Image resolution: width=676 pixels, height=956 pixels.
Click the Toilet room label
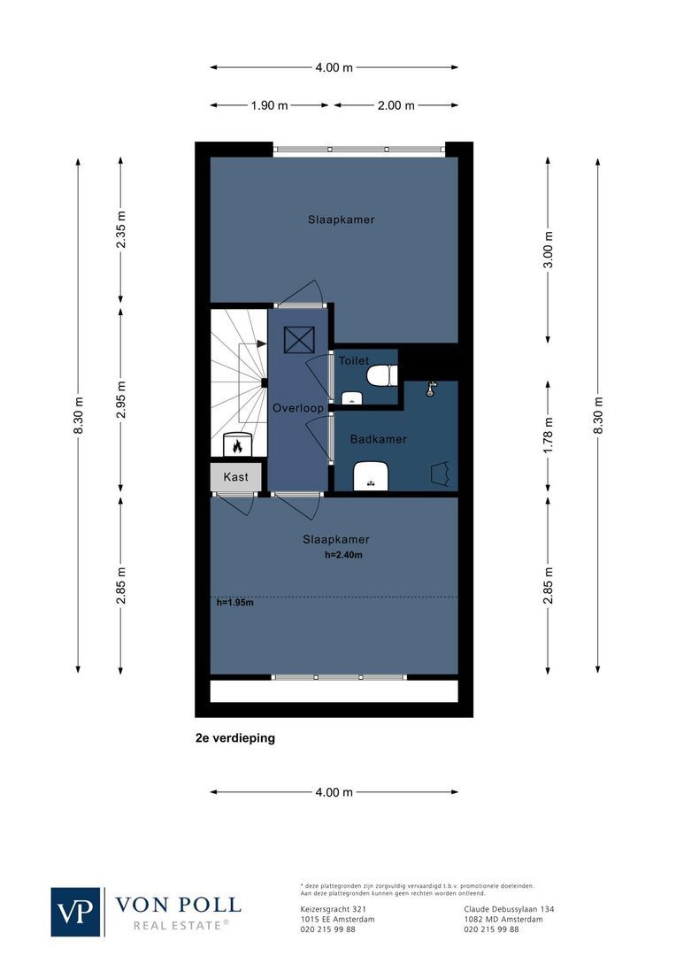point(353,361)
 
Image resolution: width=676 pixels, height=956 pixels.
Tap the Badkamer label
point(378,439)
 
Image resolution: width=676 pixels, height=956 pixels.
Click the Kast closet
point(236,476)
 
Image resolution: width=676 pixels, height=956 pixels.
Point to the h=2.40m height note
point(344,556)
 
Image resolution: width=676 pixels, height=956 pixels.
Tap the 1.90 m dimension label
point(269,105)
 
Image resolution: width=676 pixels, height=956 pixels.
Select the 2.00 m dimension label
point(396,105)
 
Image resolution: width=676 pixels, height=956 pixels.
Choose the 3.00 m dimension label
point(549,251)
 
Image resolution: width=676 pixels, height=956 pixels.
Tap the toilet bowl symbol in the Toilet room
point(381,376)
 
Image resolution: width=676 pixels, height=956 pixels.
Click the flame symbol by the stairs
point(237,445)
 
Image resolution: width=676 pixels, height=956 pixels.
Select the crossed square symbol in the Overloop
point(298,339)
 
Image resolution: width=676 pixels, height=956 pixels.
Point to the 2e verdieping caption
point(235,737)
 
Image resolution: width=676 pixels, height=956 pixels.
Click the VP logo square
point(76,912)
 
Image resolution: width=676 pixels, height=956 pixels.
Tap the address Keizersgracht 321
point(333,909)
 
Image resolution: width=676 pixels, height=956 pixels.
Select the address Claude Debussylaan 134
point(509,909)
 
